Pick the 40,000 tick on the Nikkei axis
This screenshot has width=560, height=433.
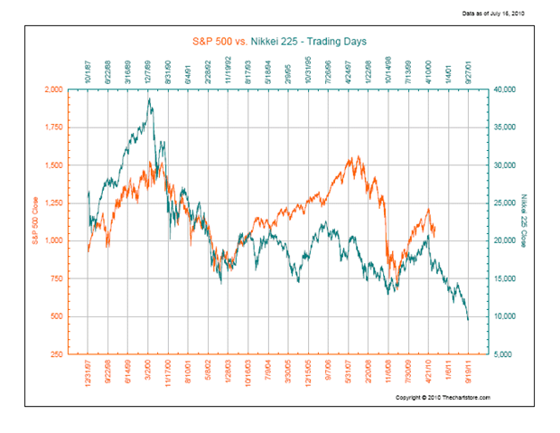502,89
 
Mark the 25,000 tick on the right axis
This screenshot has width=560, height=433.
502,202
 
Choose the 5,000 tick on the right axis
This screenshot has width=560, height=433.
500,353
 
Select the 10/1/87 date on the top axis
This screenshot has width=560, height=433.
89,72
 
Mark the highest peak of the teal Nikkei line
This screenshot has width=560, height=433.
149,99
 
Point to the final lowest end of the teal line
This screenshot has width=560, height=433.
468,319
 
